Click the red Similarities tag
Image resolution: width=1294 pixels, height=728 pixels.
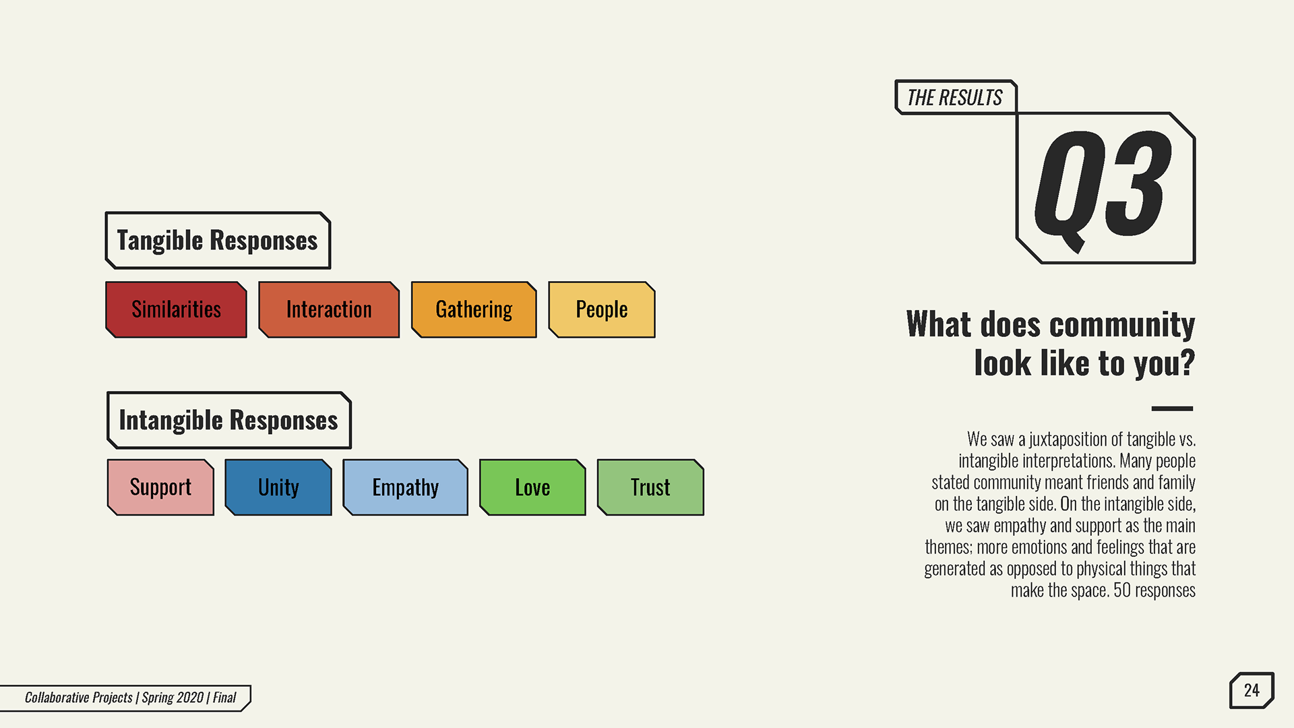(x=176, y=309)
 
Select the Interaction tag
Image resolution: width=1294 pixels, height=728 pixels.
(x=329, y=309)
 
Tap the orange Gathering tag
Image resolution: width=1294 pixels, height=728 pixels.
(x=474, y=309)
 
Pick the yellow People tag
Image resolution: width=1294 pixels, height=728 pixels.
(x=602, y=309)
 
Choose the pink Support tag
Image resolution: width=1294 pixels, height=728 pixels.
(x=160, y=487)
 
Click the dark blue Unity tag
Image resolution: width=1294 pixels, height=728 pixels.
(x=278, y=487)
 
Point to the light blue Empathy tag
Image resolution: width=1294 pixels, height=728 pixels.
(x=405, y=487)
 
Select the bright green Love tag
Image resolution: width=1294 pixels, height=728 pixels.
(x=532, y=487)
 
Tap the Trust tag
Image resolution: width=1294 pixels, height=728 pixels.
(x=650, y=487)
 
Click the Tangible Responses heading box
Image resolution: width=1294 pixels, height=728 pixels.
(x=218, y=241)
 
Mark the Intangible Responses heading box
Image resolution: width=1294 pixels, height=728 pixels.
(x=229, y=420)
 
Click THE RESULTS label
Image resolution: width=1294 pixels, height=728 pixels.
(x=955, y=98)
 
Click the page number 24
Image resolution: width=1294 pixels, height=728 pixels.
(x=1252, y=690)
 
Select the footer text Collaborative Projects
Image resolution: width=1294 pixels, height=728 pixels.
(x=79, y=698)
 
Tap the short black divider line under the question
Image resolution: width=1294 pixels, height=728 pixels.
(x=1173, y=408)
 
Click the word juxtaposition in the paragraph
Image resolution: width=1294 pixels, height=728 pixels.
(x=1068, y=439)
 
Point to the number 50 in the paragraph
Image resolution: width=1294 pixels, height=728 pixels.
(x=1122, y=590)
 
